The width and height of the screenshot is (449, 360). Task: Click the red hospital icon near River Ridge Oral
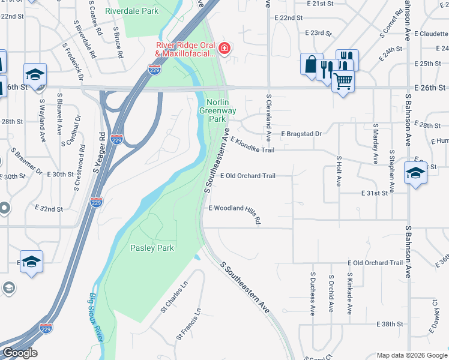(224, 48)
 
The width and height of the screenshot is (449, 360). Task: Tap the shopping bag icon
(311, 64)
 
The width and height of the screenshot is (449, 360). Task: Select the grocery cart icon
(343, 80)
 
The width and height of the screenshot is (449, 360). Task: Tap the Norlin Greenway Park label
(221, 110)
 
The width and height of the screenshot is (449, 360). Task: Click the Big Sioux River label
(95, 317)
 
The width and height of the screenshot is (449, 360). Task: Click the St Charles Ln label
(174, 298)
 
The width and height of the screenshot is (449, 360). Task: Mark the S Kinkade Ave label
(349, 294)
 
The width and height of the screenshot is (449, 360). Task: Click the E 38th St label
(390, 324)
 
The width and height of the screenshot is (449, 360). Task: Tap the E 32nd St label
(47, 209)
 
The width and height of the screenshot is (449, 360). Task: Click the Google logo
(20, 353)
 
